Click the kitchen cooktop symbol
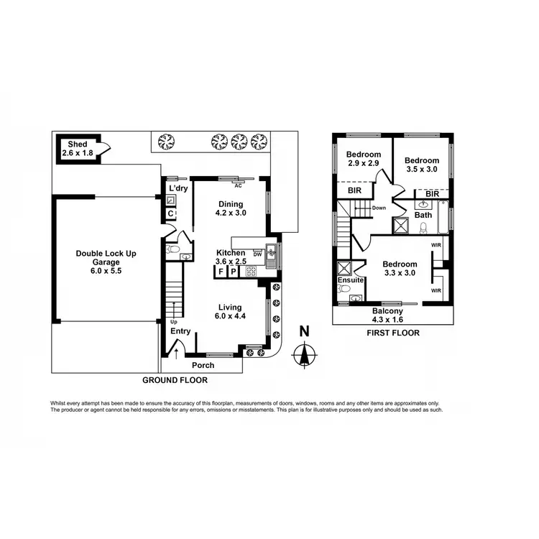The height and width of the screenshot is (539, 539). click(x=252, y=272)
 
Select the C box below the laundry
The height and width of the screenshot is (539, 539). click(x=170, y=213)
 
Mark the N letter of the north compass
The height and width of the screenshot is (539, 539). click(x=304, y=332)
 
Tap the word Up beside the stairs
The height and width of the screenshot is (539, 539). click(x=173, y=321)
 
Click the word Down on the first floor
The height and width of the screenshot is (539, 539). click(x=379, y=208)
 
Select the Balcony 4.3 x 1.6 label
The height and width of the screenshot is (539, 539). click(x=387, y=315)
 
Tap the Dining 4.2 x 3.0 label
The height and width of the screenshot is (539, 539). click(x=231, y=208)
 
